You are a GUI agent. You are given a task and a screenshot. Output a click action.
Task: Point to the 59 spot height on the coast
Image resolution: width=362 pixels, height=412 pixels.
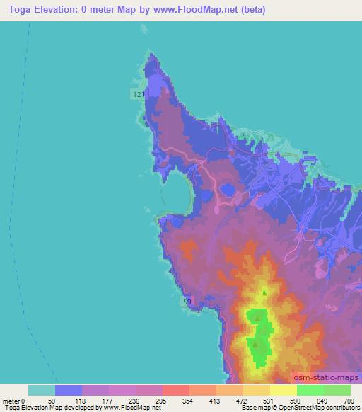187,302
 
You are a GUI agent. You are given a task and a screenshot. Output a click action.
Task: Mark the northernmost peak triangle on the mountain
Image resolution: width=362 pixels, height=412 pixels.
264,292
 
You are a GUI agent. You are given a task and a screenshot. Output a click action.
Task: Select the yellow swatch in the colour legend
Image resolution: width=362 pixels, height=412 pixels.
283,390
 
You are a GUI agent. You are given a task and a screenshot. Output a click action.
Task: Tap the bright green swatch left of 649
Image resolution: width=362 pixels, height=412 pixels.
310,390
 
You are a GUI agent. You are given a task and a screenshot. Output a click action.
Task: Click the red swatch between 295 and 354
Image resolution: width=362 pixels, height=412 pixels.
175,390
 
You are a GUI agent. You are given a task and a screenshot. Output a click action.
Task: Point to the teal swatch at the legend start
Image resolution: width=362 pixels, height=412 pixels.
42,390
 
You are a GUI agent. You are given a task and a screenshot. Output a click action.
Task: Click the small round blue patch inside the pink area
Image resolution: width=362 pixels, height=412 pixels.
228,190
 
